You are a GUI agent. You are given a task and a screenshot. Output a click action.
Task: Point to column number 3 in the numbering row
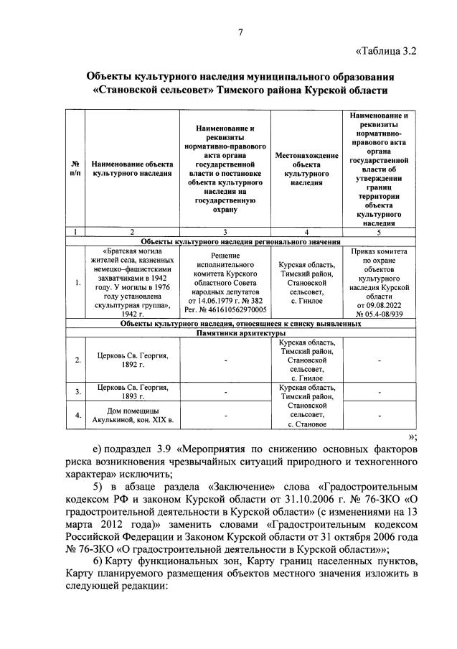[x=225, y=232]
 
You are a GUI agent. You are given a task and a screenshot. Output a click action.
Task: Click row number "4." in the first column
[x=76, y=415]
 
